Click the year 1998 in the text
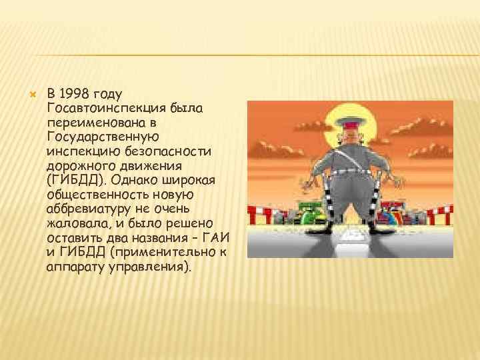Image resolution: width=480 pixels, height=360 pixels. (77, 93)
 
